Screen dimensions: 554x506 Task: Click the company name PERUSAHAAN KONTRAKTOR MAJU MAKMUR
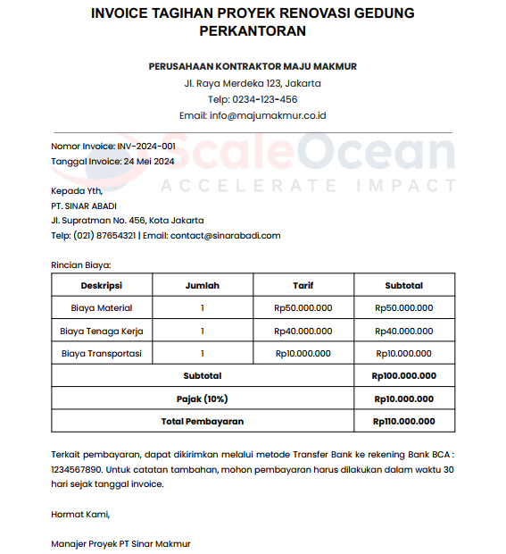(x=253, y=66)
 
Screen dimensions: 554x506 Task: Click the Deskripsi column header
(x=102, y=286)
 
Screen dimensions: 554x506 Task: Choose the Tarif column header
(x=303, y=286)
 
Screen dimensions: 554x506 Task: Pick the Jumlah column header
(x=203, y=286)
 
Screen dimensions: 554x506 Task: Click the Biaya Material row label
(x=102, y=308)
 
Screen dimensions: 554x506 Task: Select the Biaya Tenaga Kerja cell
(x=102, y=331)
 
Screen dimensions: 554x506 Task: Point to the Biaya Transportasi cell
(x=102, y=354)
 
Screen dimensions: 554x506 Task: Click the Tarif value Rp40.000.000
(x=303, y=331)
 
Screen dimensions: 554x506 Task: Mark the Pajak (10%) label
(x=203, y=399)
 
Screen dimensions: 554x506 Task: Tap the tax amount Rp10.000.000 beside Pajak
(x=404, y=399)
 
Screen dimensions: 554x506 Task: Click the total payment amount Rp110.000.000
(x=404, y=421)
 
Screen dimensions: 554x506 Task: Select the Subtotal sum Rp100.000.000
(x=404, y=376)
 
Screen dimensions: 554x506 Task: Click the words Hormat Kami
(x=80, y=514)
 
